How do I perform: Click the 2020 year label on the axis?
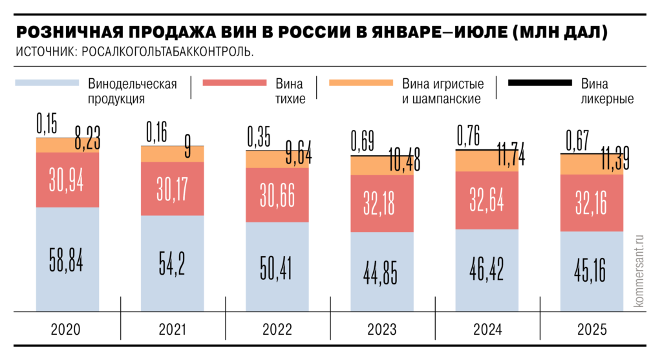(67, 330)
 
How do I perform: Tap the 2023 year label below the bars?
(382, 330)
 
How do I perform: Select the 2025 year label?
(592, 330)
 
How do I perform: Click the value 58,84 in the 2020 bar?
(67, 259)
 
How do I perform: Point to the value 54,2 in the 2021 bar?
(173, 262)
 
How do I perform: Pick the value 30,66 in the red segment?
(277, 195)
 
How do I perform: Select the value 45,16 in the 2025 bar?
(592, 271)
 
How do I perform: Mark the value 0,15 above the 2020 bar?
(47, 123)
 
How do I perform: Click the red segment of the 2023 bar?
(382, 203)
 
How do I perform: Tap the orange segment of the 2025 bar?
(575, 165)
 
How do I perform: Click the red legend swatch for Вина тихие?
(234, 83)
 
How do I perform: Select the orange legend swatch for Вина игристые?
(360, 83)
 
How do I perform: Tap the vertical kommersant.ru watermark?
(641, 271)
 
